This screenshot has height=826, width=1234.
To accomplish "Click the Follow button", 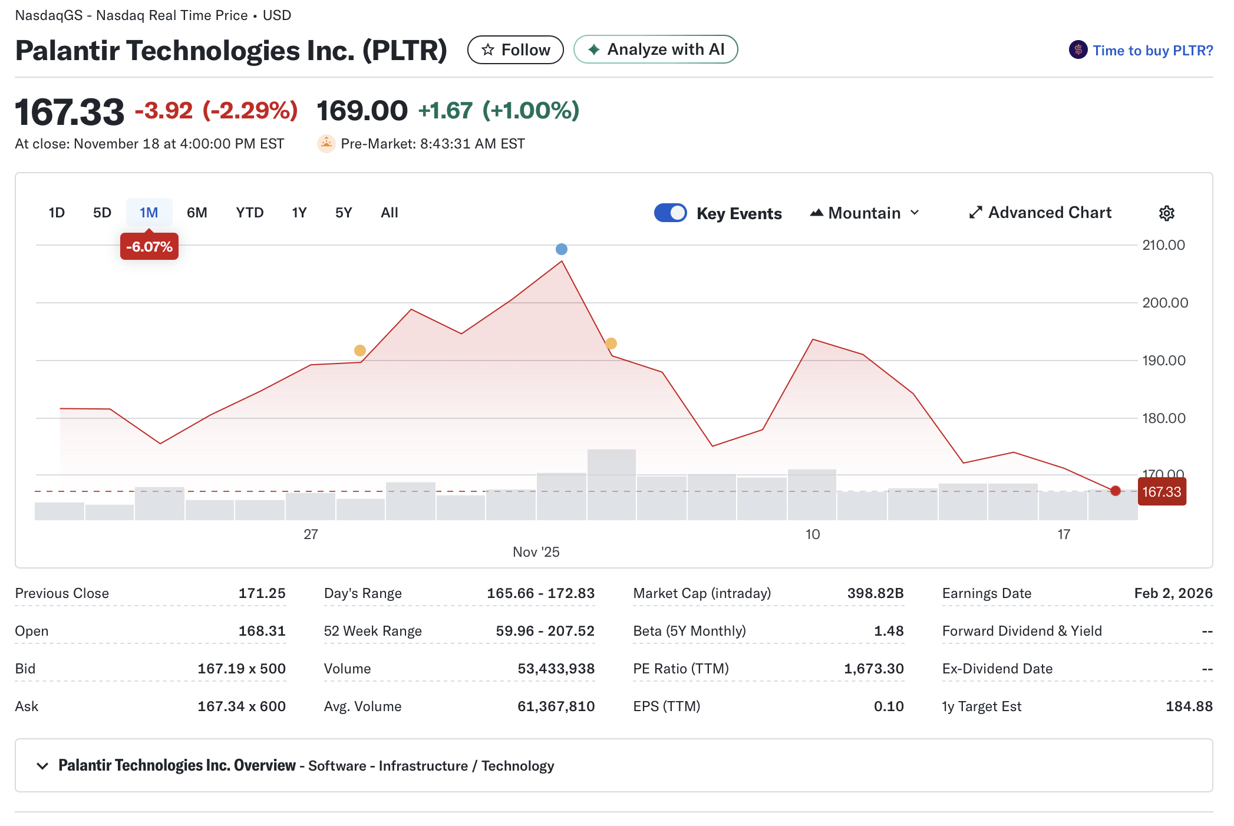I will (x=515, y=50).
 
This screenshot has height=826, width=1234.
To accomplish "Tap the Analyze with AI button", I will (x=655, y=49).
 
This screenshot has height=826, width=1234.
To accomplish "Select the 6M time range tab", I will (x=197, y=213).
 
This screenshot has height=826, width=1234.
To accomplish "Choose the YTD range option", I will (x=249, y=213).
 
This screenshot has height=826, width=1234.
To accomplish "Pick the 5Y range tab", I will (x=343, y=213).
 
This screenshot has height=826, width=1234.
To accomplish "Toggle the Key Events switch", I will (x=670, y=213).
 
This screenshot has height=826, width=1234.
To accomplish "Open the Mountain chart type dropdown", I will (x=865, y=213).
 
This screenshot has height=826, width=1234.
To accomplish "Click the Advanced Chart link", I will (x=1040, y=213).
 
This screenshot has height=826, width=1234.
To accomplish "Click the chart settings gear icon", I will (x=1166, y=213).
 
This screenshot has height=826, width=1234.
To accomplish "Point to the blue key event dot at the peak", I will (x=562, y=249).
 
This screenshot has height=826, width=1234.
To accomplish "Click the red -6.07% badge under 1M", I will (x=149, y=247).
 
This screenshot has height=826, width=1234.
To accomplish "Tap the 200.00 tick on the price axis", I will (x=1164, y=303).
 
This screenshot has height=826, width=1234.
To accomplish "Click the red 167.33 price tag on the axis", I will (x=1161, y=492).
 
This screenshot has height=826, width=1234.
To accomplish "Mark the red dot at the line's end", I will (x=1115, y=491).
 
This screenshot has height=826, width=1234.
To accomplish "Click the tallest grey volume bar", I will (x=611, y=484).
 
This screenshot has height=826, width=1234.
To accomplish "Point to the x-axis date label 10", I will (x=812, y=534).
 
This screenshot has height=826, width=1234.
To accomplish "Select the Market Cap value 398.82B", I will (x=875, y=593).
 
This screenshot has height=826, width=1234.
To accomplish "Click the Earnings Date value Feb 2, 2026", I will (x=1173, y=593).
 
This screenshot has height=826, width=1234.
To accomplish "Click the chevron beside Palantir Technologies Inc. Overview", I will (x=42, y=766).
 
